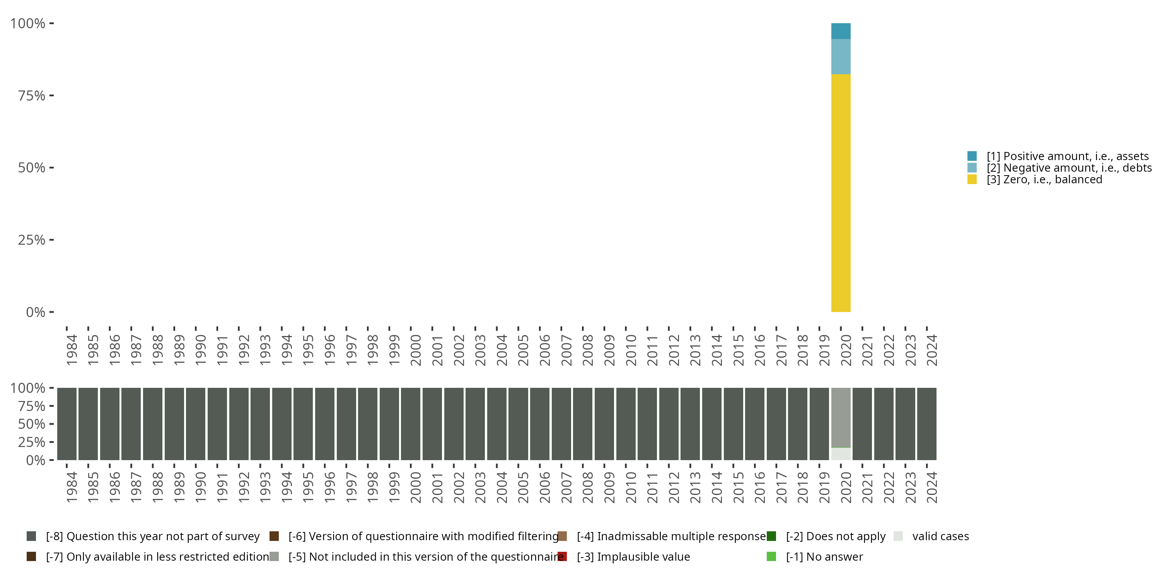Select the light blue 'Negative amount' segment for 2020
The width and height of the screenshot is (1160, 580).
(840, 56)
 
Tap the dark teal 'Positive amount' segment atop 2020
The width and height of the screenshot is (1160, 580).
(840, 31)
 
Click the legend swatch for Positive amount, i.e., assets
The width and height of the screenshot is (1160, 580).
(972, 156)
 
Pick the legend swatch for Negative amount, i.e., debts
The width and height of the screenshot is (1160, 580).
(972, 168)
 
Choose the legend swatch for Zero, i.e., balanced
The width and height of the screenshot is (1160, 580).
(972, 180)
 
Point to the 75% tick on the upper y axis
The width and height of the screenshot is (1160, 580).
(51, 96)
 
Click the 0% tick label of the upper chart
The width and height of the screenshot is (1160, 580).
(36, 312)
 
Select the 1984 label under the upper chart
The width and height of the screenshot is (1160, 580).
(72, 350)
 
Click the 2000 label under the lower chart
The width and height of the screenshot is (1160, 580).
(416, 487)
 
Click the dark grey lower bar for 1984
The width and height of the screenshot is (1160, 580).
(67, 424)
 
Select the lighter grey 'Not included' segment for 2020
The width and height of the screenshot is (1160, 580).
(840, 418)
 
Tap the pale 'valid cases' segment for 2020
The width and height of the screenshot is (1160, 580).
(840, 454)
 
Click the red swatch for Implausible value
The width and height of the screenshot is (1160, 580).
(562, 556)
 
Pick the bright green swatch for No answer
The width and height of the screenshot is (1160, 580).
(771, 556)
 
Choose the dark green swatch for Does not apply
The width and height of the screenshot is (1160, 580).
(771, 536)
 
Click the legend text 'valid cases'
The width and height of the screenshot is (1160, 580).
(940, 536)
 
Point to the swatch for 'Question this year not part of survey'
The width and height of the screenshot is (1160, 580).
(31, 536)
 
